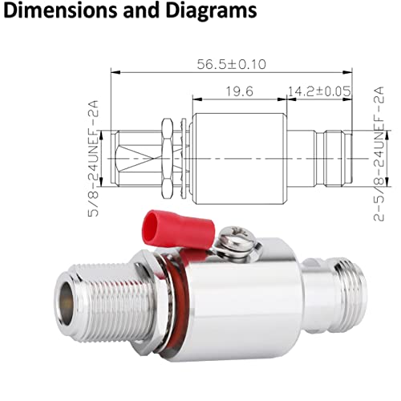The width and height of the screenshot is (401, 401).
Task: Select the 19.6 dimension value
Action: click(x=239, y=91)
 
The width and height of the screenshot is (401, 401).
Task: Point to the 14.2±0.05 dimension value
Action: click(x=319, y=91)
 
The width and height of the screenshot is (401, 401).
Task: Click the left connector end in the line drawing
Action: click(x=132, y=159)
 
